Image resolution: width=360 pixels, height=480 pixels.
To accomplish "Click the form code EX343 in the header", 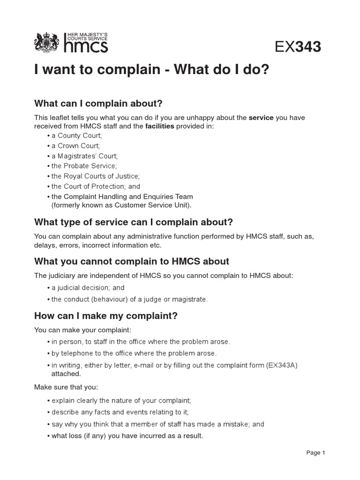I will point(298,47).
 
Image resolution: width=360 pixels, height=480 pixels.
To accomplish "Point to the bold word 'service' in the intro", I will point(261,118).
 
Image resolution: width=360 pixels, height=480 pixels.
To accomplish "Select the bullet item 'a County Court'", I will point(76,135).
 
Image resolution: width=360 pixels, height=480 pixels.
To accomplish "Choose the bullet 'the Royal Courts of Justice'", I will point(95,176).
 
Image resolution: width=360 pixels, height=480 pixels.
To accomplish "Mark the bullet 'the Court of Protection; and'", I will point(95,187).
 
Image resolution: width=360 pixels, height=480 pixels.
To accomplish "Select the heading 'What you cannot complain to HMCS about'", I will point(132,261).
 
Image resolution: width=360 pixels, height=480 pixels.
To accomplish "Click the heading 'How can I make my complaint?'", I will point(106,316).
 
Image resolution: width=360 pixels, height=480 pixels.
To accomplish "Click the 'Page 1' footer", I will point(315,453).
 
